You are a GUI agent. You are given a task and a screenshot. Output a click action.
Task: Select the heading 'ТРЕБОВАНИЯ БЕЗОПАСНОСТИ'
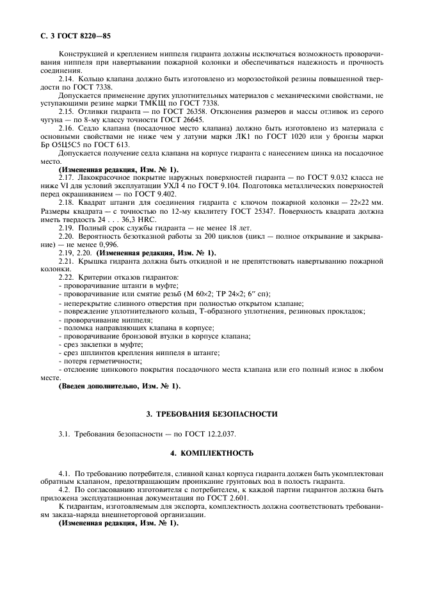point(218,414)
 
